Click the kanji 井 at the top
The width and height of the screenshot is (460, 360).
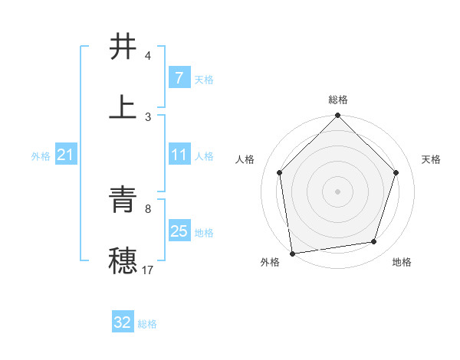(x=123, y=47)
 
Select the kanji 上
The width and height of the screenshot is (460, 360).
(x=123, y=107)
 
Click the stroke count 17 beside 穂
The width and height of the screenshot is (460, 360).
(x=148, y=270)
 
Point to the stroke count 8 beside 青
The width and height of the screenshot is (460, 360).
(x=148, y=208)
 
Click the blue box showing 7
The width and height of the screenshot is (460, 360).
(x=179, y=77)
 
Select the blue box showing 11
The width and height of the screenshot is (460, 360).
(x=179, y=155)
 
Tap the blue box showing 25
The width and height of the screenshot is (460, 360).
(x=179, y=231)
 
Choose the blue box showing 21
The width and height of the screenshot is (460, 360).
(x=66, y=155)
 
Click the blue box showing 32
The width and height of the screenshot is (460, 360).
(x=123, y=322)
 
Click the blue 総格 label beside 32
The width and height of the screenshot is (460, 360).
(x=147, y=324)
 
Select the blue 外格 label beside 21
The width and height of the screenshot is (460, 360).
(x=41, y=156)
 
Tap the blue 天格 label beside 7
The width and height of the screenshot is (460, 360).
(x=204, y=79)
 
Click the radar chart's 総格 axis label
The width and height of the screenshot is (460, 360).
(x=338, y=100)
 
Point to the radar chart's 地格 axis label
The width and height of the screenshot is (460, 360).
(x=402, y=263)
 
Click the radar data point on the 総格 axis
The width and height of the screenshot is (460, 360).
(x=338, y=116)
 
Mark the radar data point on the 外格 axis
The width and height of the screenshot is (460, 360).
(x=292, y=253)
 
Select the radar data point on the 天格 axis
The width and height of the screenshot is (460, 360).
(x=396, y=172)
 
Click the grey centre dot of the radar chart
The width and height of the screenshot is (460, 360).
(x=338, y=191)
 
